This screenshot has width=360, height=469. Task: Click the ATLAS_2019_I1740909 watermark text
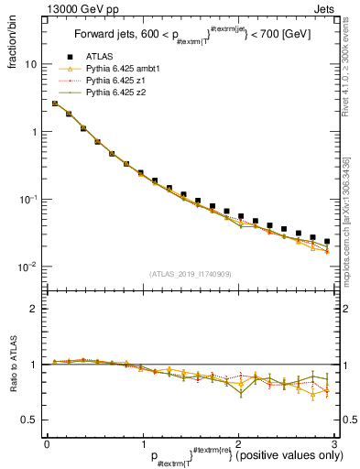coord(190,274)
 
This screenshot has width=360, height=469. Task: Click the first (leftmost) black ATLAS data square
coord(56,104)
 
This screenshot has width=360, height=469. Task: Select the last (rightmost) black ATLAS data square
coord(327,242)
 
